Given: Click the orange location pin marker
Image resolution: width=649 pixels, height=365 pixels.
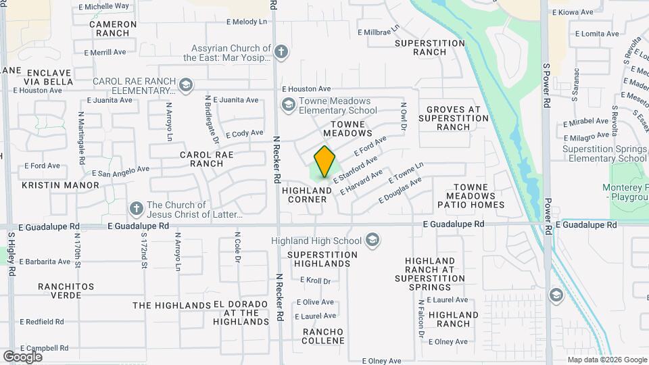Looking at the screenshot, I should coord(325,162).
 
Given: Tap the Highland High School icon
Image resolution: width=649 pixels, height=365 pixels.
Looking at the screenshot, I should coord(372,241).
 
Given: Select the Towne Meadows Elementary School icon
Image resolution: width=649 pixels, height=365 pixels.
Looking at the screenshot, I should coord(289,105).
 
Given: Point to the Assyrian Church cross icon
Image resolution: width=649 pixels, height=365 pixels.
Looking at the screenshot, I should coord(282,51).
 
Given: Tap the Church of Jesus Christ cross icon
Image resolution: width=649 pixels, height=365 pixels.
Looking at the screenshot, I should coord(135,209).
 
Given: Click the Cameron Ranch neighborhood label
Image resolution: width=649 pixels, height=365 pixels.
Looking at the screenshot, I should coord(113,28).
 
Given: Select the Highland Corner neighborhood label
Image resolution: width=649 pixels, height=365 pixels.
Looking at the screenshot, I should coord(307,195).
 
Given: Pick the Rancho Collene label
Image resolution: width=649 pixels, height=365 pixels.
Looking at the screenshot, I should coord(323,336).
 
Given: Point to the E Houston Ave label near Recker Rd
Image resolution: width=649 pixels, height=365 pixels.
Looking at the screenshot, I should coord(306,89).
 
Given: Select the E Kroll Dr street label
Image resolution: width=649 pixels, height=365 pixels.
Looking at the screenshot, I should coord(315,281).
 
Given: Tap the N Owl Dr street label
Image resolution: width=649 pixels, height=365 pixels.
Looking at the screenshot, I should coord(403,116).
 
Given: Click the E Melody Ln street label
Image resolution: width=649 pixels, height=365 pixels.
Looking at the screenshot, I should coord(247,22).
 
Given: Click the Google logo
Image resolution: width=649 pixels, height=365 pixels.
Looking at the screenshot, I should coord(22,357).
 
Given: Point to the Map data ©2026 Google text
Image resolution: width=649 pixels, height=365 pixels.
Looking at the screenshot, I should coord(606,360).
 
